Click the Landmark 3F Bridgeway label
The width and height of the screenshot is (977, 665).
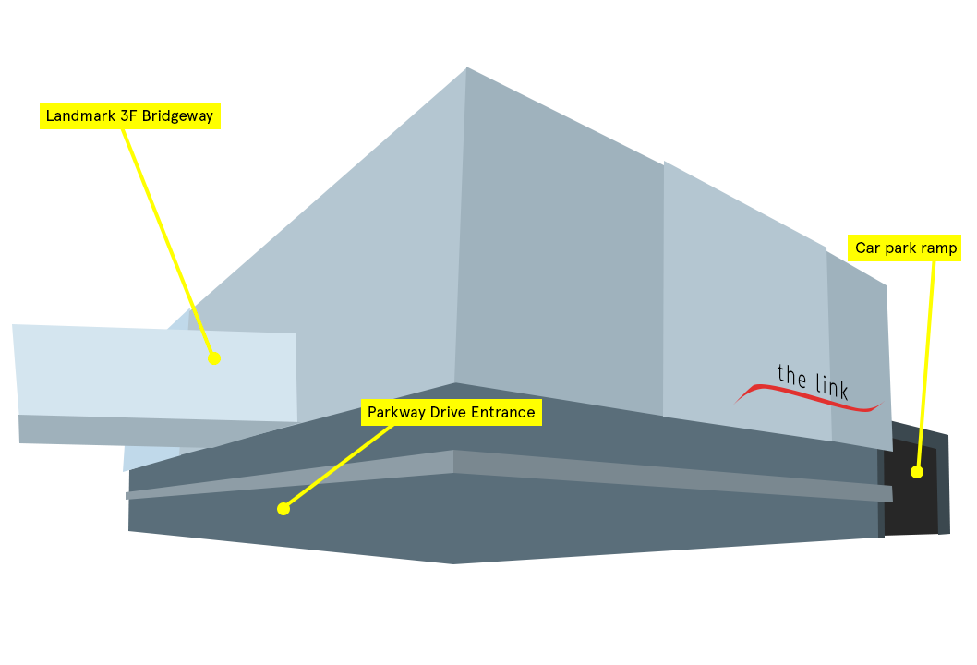(129, 116)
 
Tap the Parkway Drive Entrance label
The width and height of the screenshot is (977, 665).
(451, 413)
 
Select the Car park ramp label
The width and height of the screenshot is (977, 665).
(905, 248)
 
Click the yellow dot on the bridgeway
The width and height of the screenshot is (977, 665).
(214, 358)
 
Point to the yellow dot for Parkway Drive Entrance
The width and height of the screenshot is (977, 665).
(283, 509)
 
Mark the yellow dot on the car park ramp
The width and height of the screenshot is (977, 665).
(917, 472)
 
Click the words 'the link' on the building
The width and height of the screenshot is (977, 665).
(813, 381)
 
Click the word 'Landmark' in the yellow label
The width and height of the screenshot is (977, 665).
(77, 116)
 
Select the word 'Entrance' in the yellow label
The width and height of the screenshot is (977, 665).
(503, 413)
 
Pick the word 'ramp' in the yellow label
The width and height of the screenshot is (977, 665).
(940, 248)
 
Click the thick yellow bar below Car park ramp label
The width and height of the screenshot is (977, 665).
(926, 342)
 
